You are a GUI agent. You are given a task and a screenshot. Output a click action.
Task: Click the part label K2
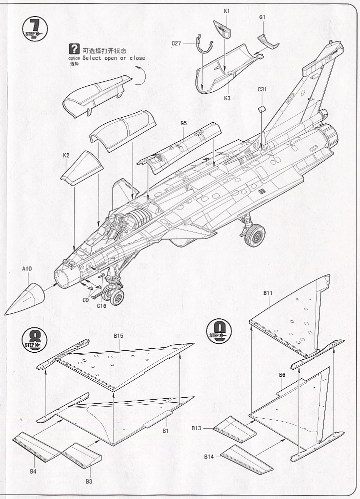tap(66, 155)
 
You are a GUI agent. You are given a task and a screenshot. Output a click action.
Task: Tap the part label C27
tap(175, 43)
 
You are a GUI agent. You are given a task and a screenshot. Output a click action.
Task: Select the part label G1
tap(263, 17)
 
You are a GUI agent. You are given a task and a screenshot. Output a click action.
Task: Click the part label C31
tap(263, 90)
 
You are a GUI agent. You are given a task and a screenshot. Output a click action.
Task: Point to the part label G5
tap(183, 123)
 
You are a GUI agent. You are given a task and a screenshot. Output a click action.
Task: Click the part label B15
tap(118, 336)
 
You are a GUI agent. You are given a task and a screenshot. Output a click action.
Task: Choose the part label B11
tap(267, 293)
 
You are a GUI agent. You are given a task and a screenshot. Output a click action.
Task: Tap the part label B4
tap(32, 471)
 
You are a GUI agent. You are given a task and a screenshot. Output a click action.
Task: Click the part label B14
tap(208, 457)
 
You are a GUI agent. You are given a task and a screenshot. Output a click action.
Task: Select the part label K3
tap(227, 98)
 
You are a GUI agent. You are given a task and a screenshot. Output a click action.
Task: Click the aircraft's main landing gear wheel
tap(255, 235)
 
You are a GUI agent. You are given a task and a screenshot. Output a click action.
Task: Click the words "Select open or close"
tap(114, 58)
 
